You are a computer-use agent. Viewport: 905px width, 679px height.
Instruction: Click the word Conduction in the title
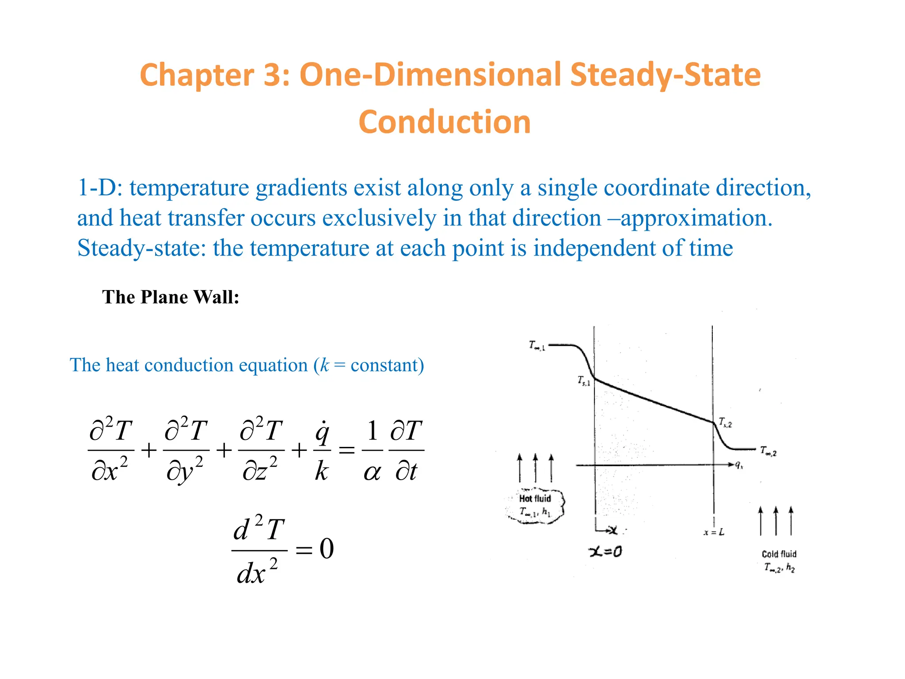point(445,122)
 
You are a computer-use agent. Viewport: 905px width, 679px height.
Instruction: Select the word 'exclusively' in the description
point(379,218)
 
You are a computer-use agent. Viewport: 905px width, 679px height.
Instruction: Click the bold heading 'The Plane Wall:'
point(171,297)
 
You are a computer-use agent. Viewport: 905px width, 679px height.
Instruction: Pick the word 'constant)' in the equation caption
point(387,366)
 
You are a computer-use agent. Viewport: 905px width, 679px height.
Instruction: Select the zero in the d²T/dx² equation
point(327,549)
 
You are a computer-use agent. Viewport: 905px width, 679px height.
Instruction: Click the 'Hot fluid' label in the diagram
point(535,499)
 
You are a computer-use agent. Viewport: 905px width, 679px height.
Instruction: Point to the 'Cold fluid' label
point(779,554)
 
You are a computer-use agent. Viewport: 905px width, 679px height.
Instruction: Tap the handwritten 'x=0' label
point(605,551)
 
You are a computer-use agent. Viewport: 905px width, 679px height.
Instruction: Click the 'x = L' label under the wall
point(714,532)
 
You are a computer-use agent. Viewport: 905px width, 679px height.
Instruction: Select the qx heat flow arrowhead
point(731,465)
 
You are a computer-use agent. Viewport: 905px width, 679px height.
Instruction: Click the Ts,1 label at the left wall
point(584,381)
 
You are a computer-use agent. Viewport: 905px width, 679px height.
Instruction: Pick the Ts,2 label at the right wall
point(725,423)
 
